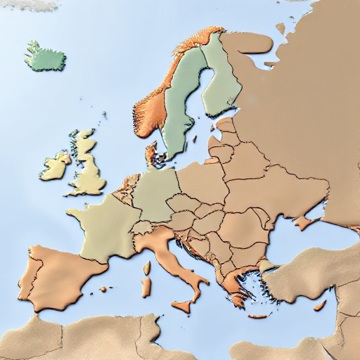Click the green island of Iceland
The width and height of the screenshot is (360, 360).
pyautogui.click(x=46, y=56)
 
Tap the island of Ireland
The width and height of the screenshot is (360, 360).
pyautogui.click(x=54, y=167)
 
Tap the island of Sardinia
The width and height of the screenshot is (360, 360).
pyautogui.click(x=146, y=288)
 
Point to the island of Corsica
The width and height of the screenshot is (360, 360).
pyautogui.click(x=147, y=268)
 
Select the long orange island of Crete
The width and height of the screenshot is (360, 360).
pyautogui.click(x=257, y=316)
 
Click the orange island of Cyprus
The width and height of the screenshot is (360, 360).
pyautogui.click(x=320, y=305)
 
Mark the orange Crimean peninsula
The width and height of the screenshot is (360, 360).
pyautogui.click(x=304, y=224)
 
